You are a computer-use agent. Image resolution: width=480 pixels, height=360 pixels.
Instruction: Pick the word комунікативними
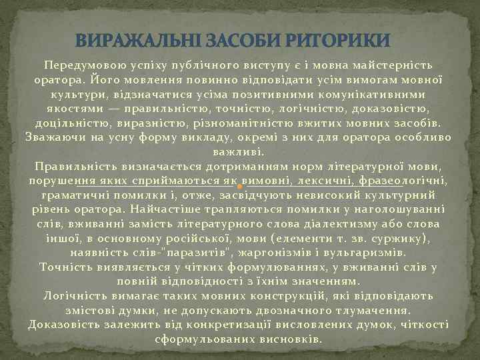pos(363,95)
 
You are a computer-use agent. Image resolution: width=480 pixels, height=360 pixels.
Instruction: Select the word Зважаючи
pos(55,138)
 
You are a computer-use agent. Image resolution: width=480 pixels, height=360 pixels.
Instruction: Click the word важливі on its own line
pos(239,152)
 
